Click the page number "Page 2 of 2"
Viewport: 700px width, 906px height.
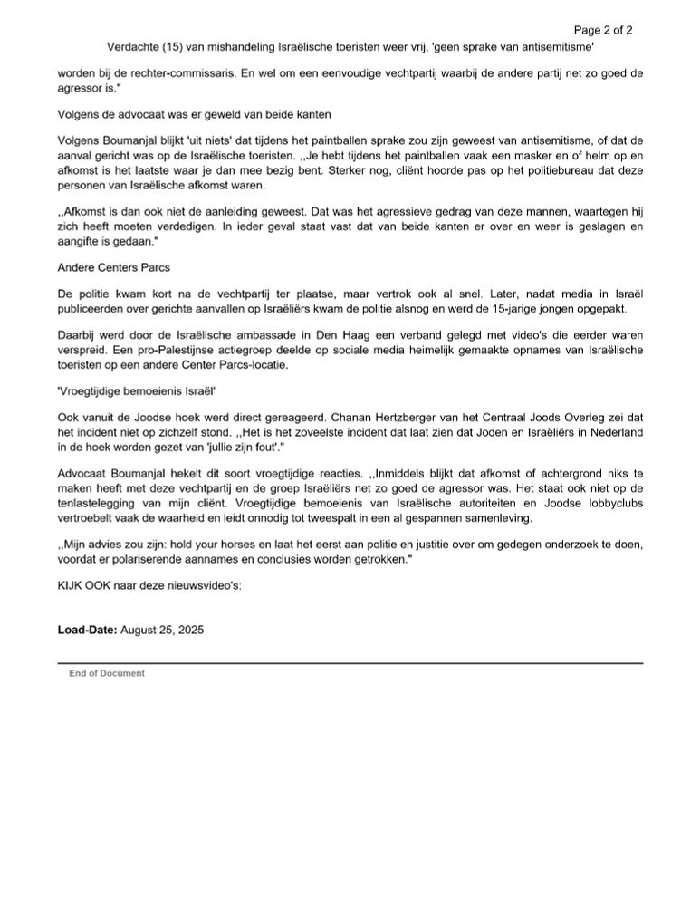(x=602, y=29)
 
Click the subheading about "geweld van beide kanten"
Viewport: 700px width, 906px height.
(x=180, y=115)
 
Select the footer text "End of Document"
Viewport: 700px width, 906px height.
(x=107, y=673)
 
